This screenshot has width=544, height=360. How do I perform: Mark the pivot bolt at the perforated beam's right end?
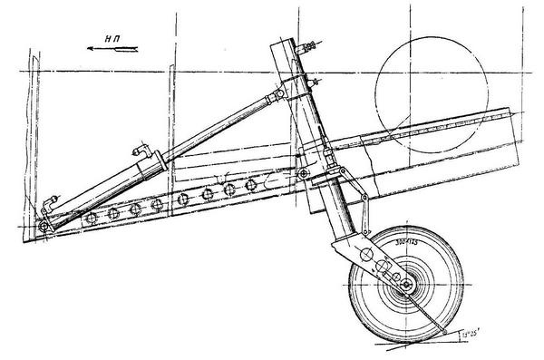click(304, 175)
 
